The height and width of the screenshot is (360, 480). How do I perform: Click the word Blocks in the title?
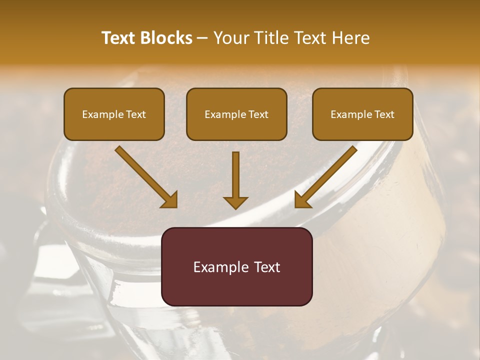(166, 38)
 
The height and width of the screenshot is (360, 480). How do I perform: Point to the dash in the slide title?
(202, 38)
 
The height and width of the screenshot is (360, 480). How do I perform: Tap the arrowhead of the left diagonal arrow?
(170, 200)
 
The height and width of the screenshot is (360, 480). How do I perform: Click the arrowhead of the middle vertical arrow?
(235, 202)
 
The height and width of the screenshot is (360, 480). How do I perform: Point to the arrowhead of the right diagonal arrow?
(302, 200)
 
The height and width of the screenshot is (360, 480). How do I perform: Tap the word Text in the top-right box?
(384, 114)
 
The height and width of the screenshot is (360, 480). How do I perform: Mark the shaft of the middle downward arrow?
(235, 172)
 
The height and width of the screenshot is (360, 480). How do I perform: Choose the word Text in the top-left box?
(136, 114)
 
